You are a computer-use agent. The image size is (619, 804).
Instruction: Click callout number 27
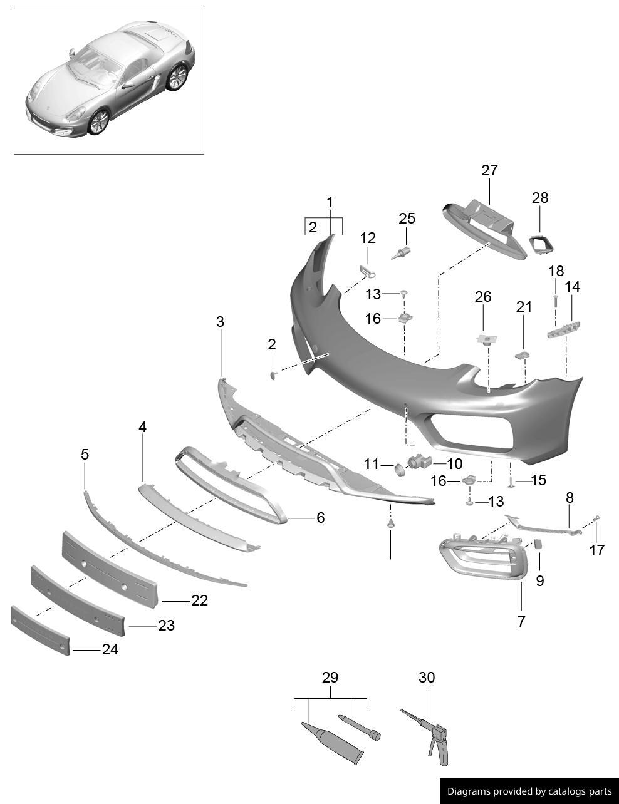pyautogui.click(x=489, y=170)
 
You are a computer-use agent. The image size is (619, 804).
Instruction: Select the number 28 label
pyautogui.click(x=539, y=198)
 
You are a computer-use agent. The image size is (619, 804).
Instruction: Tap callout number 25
pyautogui.click(x=407, y=219)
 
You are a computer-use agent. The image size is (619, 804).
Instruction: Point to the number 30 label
pyautogui.click(x=427, y=678)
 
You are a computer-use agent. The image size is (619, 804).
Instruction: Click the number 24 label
pyautogui.click(x=110, y=650)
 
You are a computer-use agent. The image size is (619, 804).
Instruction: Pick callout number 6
pyautogui.click(x=320, y=518)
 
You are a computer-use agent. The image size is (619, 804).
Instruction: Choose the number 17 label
pyautogui.click(x=597, y=550)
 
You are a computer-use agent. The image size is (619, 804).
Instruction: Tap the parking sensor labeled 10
pyautogui.click(x=418, y=463)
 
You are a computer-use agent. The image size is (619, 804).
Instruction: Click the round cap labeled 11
pyautogui.click(x=398, y=468)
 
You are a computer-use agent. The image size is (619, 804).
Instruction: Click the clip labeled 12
pyautogui.click(x=367, y=271)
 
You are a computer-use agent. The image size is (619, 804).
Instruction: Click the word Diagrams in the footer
pyautogui.click(x=468, y=791)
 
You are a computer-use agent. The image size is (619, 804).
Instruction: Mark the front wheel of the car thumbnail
pyautogui.click(x=99, y=121)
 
